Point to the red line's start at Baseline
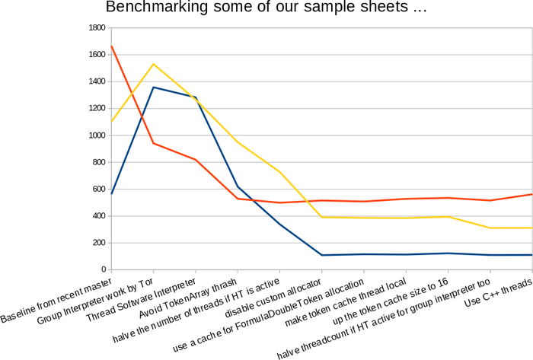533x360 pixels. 111,46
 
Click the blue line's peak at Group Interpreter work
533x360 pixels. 154,87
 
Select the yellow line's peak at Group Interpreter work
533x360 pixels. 154,64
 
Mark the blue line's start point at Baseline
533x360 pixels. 111,193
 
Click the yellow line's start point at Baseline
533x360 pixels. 111,121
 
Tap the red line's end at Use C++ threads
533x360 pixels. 531,194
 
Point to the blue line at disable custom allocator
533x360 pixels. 321,255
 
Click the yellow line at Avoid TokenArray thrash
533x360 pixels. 238,142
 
